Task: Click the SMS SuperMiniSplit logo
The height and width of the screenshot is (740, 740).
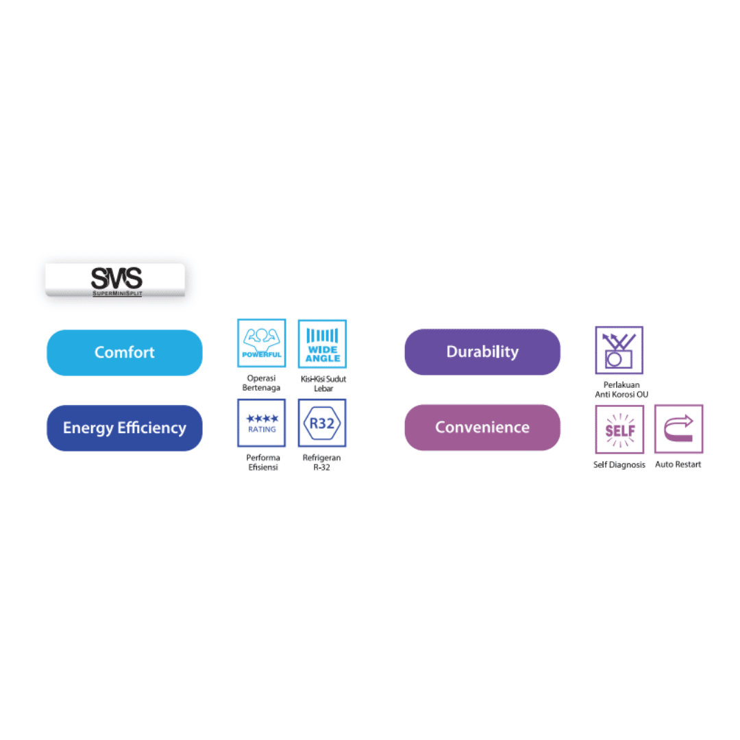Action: (x=116, y=280)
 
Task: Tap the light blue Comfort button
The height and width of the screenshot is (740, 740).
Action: (x=125, y=353)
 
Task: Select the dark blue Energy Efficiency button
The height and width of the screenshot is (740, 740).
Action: (x=125, y=428)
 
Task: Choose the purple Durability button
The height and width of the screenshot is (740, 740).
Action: (x=482, y=352)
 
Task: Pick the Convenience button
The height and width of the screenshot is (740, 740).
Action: (x=482, y=428)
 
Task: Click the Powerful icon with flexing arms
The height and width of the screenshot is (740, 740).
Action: (x=262, y=343)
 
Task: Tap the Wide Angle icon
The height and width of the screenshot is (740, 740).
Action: (x=322, y=344)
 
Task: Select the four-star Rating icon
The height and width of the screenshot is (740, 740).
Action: (x=262, y=423)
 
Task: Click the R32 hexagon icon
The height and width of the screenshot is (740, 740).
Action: (x=322, y=423)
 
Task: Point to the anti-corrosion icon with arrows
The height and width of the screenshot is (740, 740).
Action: (x=619, y=350)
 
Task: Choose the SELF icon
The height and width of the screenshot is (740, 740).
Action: (x=619, y=430)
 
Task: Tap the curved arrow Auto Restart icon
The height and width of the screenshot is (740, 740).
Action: (x=678, y=429)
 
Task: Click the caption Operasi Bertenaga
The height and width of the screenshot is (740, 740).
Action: (x=262, y=383)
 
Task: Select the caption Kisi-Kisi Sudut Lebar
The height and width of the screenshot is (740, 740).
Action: (x=323, y=384)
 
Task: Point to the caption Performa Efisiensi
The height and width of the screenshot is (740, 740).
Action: (x=263, y=463)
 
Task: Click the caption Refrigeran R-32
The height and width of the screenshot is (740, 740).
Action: (x=321, y=463)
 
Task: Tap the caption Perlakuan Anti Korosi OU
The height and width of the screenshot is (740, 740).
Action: (x=621, y=390)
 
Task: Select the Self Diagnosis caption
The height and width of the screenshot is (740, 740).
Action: (x=619, y=465)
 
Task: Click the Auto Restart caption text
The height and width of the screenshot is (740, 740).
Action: (x=678, y=465)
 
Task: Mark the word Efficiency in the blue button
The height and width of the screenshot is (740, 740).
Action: (x=152, y=428)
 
